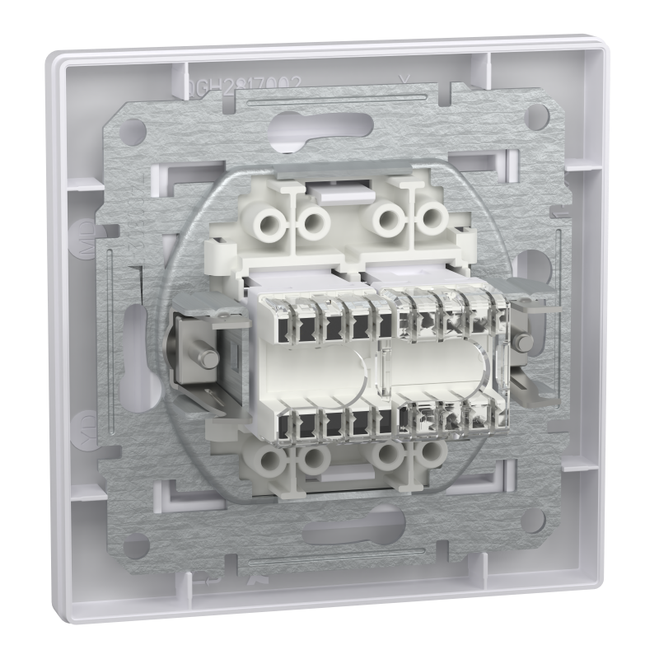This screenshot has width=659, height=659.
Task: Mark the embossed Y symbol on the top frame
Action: [x=402, y=79]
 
